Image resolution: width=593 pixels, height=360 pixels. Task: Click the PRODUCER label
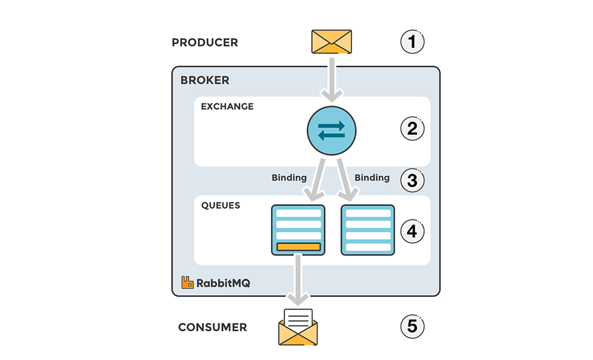pyautogui.click(x=205, y=43)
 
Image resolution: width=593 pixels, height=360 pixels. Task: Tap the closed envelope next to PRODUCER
pyautogui.click(x=331, y=42)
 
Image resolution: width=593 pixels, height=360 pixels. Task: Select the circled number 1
pyautogui.click(x=412, y=42)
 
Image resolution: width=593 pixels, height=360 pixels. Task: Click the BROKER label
pyautogui.click(x=205, y=80)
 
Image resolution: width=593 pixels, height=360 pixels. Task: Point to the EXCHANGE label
pyautogui.click(x=227, y=107)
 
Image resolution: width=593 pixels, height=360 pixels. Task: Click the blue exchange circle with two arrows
pyautogui.click(x=331, y=130)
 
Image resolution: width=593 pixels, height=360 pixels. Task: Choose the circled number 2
pyautogui.click(x=412, y=129)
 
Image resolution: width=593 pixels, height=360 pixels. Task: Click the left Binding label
pyautogui.click(x=289, y=178)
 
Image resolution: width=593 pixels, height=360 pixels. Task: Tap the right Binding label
pyautogui.click(x=372, y=178)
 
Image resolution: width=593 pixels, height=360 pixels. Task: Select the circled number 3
pyautogui.click(x=412, y=181)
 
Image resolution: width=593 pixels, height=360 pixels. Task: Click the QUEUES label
pyautogui.click(x=221, y=206)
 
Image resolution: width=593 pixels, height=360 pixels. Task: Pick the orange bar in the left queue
pyautogui.click(x=299, y=247)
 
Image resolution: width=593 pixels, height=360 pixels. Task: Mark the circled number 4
pyautogui.click(x=412, y=231)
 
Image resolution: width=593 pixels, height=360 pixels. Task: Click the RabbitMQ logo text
pyautogui.click(x=223, y=283)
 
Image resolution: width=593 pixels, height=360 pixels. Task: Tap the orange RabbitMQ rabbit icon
pyautogui.click(x=188, y=283)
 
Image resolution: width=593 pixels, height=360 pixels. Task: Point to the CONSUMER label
pyautogui.click(x=212, y=327)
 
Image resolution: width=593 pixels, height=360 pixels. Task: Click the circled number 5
pyautogui.click(x=412, y=327)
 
